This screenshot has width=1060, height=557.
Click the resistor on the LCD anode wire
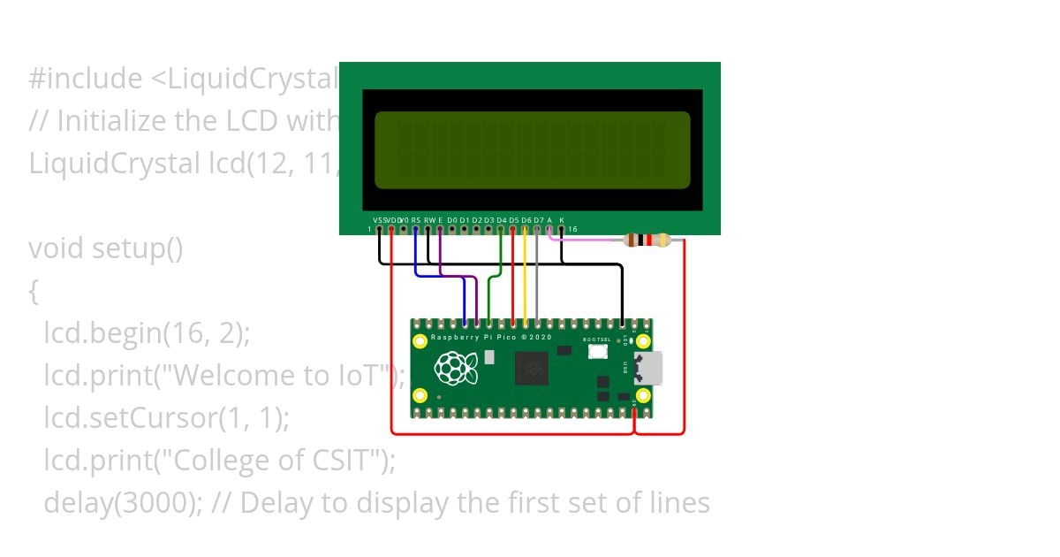pos(647,240)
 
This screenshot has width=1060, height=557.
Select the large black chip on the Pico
pos(532,368)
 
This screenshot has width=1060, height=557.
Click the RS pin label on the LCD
pos(416,219)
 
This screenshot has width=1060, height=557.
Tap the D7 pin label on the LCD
pos(539,219)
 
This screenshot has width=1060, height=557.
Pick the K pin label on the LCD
pos(562,219)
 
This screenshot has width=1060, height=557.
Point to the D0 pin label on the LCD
pos(452,219)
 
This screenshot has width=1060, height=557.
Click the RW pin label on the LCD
pos(429,219)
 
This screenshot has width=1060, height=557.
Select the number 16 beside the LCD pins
pos(572,229)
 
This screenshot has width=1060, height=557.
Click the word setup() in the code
pos(138,249)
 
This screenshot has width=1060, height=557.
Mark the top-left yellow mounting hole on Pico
pos(421,340)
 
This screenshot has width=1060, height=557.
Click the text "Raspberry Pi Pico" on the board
pos(478,338)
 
